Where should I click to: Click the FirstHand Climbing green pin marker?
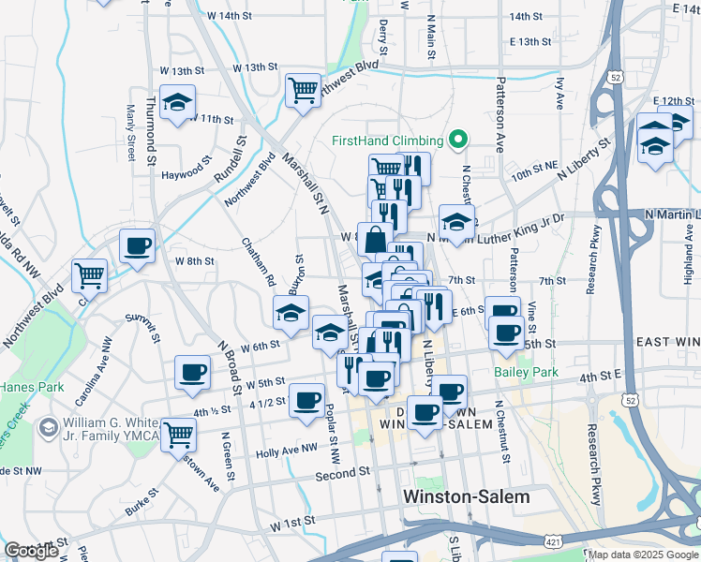coord(458,140)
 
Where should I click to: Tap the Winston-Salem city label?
coord(465,496)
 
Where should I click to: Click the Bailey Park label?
coord(525,372)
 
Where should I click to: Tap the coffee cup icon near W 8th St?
coord(137,246)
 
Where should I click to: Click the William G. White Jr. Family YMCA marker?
coord(47,428)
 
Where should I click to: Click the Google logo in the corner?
coord(31,551)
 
